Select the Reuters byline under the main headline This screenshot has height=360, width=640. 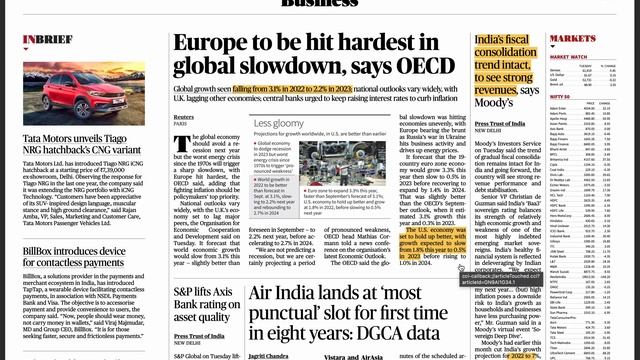click(x=183, y=116)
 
